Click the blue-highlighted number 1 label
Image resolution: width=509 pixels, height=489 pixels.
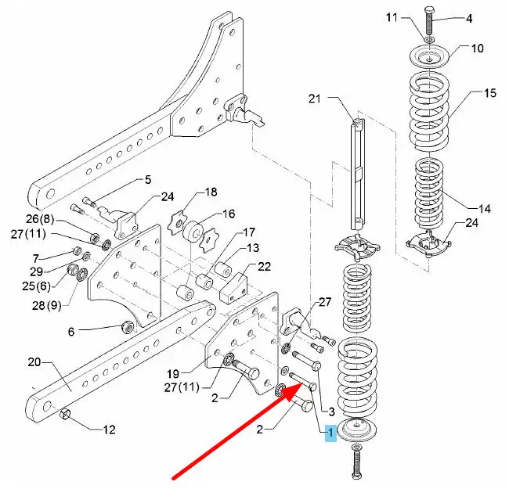coord(330,433)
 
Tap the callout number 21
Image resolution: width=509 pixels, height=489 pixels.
coord(314,99)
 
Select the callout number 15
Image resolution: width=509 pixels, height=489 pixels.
coord(490,93)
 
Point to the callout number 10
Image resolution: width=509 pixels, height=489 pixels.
coord(477,49)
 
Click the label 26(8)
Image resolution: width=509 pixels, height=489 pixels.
coord(40,219)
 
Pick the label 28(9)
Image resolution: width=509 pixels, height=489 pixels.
coord(46,305)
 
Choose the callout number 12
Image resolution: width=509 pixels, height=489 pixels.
coord(109,430)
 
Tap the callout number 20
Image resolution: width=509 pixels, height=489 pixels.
coord(34,362)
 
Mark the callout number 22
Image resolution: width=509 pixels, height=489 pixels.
coord(264,267)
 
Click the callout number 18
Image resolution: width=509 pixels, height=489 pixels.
coord(211,192)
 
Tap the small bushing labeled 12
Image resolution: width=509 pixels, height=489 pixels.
coord(65,414)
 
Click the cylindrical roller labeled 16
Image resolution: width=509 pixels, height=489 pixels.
coord(193,231)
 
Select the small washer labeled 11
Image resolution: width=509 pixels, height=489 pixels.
coord(430,40)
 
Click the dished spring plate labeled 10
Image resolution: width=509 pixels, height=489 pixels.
coord(430,56)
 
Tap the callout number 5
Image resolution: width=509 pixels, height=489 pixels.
coord(148,179)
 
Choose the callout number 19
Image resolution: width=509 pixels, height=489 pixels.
coord(173,374)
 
